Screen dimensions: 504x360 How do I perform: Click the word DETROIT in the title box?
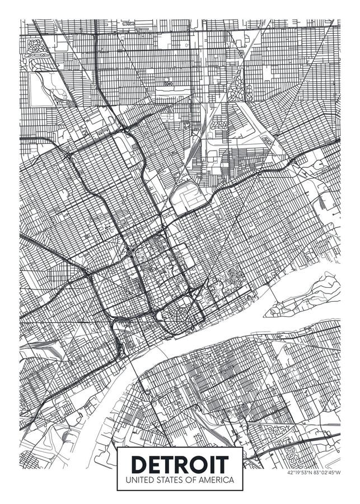[x=180, y=464]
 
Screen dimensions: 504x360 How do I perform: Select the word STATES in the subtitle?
[x=167, y=480]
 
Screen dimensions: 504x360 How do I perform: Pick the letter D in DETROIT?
[x=138, y=464]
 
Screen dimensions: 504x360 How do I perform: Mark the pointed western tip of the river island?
[x=267, y=312]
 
